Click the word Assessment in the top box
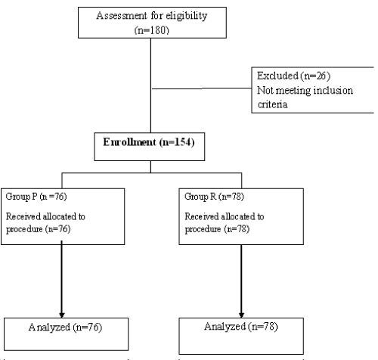[121, 16]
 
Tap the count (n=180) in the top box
[152, 30]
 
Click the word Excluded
[277, 76]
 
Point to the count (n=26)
[315, 76]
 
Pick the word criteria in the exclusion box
[272, 104]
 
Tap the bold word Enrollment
[129, 142]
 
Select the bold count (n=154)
[177, 142]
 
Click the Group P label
[21, 197]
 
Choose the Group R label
[200, 197]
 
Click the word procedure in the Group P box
[24, 229]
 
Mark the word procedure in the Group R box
[203, 229]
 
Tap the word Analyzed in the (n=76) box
[49, 327]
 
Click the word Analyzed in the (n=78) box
[225, 327]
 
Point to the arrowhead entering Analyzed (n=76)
[62, 315]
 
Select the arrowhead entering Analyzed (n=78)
[241, 315]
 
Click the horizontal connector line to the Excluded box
[202, 88]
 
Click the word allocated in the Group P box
[60, 216]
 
